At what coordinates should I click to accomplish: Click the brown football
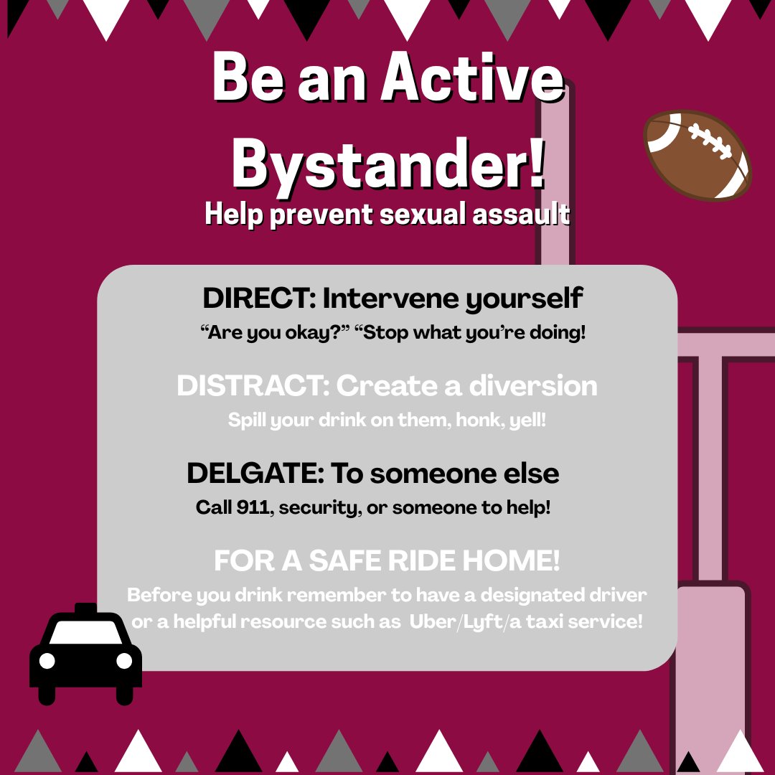[x=697, y=155]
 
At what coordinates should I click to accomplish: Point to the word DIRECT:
[x=259, y=299]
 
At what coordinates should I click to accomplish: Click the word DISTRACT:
[x=253, y=386]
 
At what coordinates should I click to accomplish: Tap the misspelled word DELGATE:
[x=255, y=474]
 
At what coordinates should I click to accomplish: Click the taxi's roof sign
[x=85, y=609]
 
